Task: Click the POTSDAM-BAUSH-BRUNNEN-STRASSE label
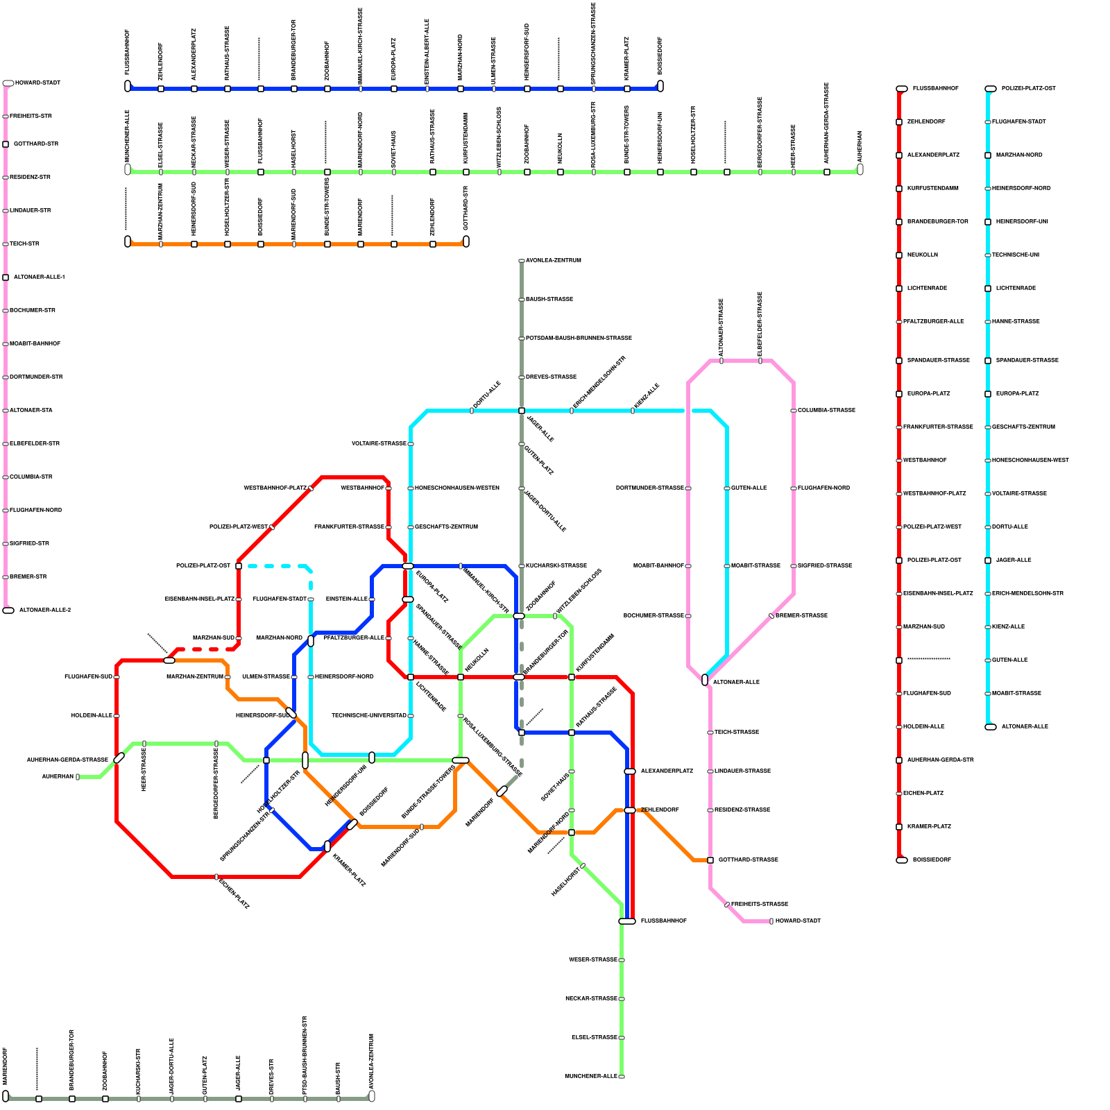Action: tap(579, 338)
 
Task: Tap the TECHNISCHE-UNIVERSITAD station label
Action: tap(369, 715)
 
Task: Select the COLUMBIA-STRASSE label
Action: tap(826, 410)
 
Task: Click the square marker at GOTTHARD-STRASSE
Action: tap(710, 860)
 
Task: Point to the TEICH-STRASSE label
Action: tap(737, 732)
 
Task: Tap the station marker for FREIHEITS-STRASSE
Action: tap(727, 905)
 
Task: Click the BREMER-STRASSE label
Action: tap(801, 615)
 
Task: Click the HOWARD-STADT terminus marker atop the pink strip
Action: tap(8, 83)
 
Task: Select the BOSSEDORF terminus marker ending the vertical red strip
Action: tap(902, 860)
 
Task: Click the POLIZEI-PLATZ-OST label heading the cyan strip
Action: tap(1028, 88)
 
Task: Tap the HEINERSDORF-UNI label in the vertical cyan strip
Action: tap(1022, 221)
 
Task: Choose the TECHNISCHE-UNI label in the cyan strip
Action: tap(1016, 255)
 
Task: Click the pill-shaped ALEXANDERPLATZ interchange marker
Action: tap(630, 771)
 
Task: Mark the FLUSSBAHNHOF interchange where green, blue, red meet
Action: tap(627, 921)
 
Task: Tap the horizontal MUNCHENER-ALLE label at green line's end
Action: tap(591, 1076)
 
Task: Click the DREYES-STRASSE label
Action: tap(551, 377)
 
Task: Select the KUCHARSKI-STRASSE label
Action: tap(556, 565)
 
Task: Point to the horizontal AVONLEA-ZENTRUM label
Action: tap(554, 260)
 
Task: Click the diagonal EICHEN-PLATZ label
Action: tap(234, 894)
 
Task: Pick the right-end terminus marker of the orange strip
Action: tap(466, 241)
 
